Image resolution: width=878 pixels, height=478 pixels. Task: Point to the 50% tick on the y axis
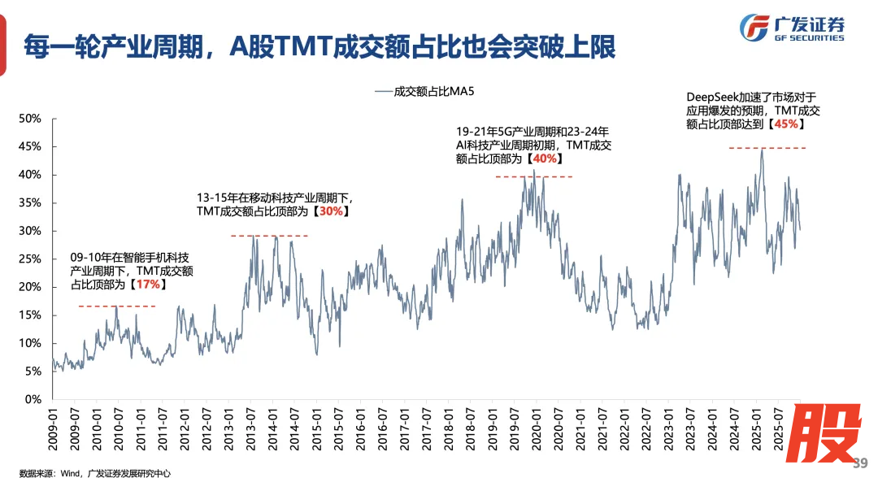click(x=30, y=119)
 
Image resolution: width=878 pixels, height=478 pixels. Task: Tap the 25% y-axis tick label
click(x=30, y=259)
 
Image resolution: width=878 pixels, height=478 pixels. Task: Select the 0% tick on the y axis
click(x=33, y=399)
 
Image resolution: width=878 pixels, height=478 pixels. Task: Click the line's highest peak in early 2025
click(x=762, y=150)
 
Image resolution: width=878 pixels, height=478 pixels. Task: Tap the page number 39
click(x=860, y=463)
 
